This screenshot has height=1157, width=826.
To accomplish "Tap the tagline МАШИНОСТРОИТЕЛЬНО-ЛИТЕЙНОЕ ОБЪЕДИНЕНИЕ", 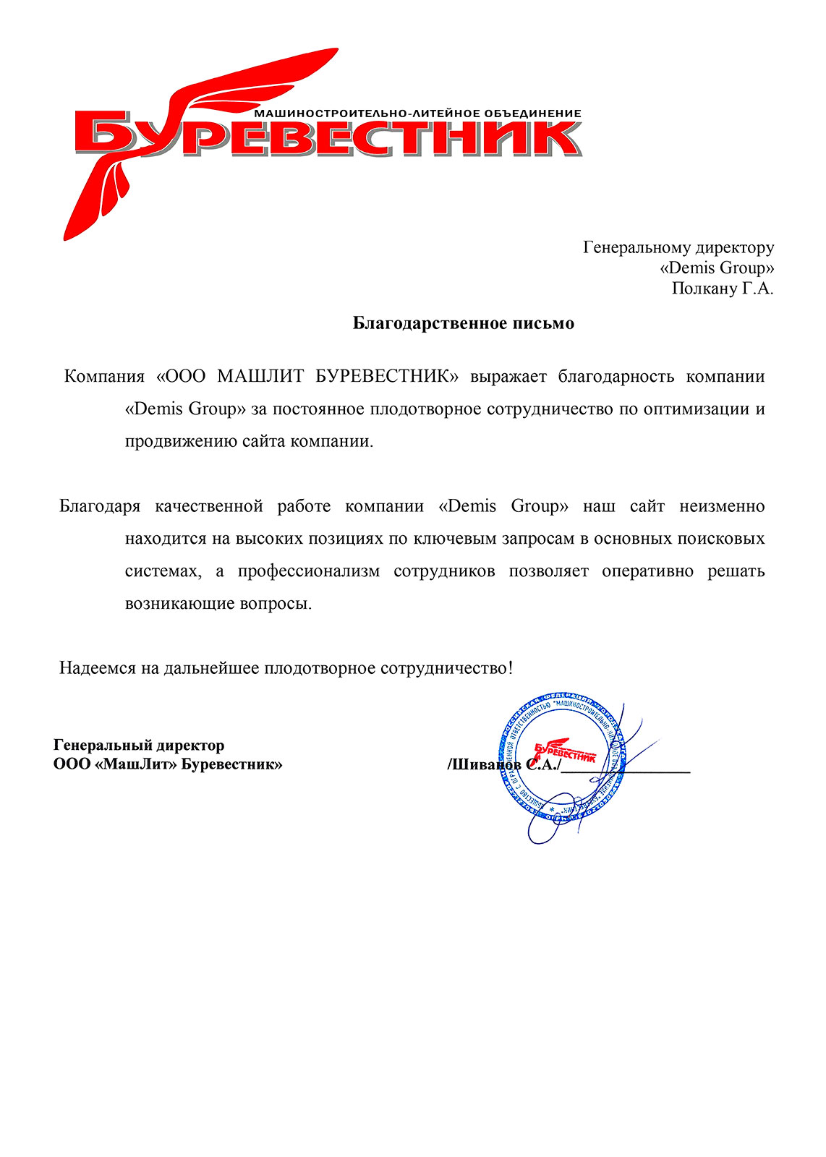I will click(418, 114).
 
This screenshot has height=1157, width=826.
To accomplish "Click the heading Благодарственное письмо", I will click(463, 323).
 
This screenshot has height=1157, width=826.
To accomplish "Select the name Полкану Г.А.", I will click(722, 289).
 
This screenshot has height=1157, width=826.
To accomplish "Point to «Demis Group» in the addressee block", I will click(717, 268).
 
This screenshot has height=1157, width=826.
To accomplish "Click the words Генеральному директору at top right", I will click(678, 247).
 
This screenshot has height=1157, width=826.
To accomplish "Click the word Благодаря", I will click(100, 506).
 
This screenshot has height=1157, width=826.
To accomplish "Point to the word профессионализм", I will click(308, 571).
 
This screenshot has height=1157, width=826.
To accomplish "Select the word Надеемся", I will click(98, 668).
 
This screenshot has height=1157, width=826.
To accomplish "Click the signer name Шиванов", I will click(483, 765).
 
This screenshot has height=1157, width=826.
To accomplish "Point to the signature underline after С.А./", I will click(626, 771).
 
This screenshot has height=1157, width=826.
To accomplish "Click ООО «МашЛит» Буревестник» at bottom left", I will click(168, 764).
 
